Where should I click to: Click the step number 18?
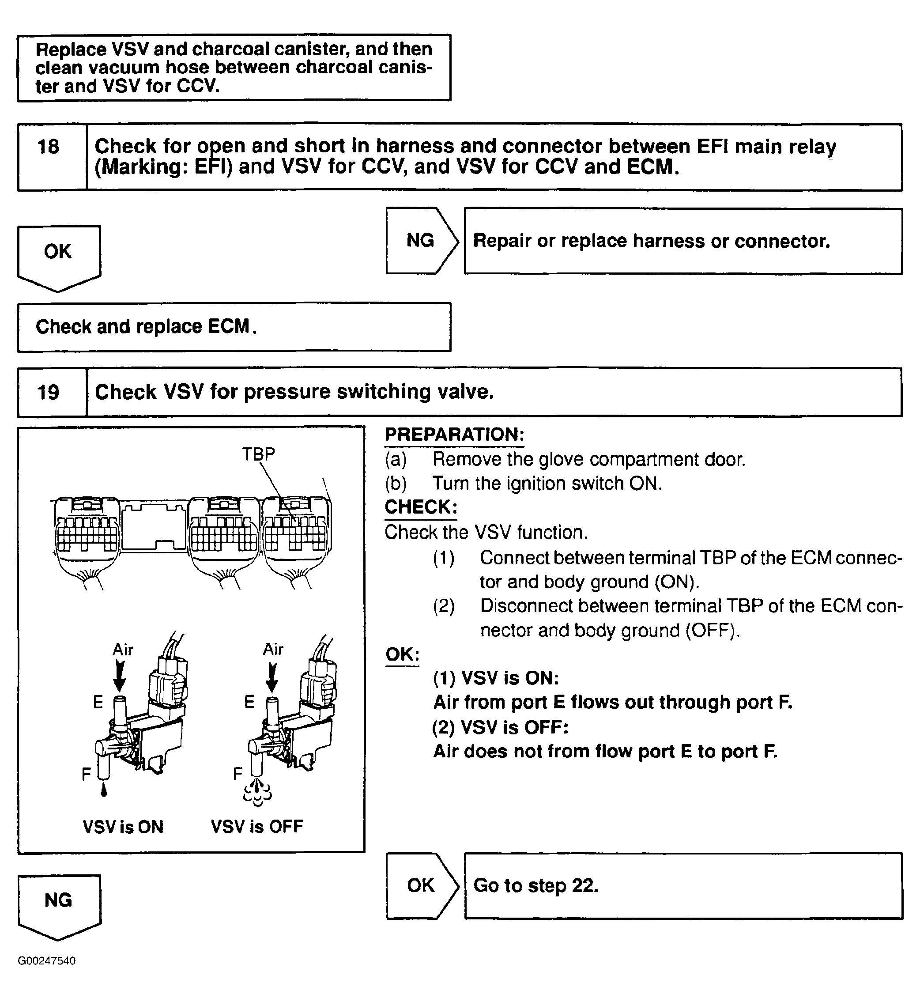(x=48, y=147)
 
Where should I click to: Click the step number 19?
(x=48, y=393)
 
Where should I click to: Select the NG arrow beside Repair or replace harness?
(x=421, y=241)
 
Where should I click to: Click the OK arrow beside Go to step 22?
(x=421, y=885)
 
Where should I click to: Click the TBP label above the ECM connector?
(x=258, y=454)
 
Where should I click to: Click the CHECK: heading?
(x=421, y=507)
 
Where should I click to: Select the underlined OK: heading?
(x=402, y=654)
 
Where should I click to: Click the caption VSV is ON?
(x=123, y=827)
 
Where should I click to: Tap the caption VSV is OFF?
(x=257, y=827)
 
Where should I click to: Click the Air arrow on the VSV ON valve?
(x=120, y=675)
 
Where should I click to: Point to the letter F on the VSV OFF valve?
(x=238, y=773)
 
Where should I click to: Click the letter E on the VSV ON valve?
(x=98, y=702)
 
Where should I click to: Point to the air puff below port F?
(x=257, y=793)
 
